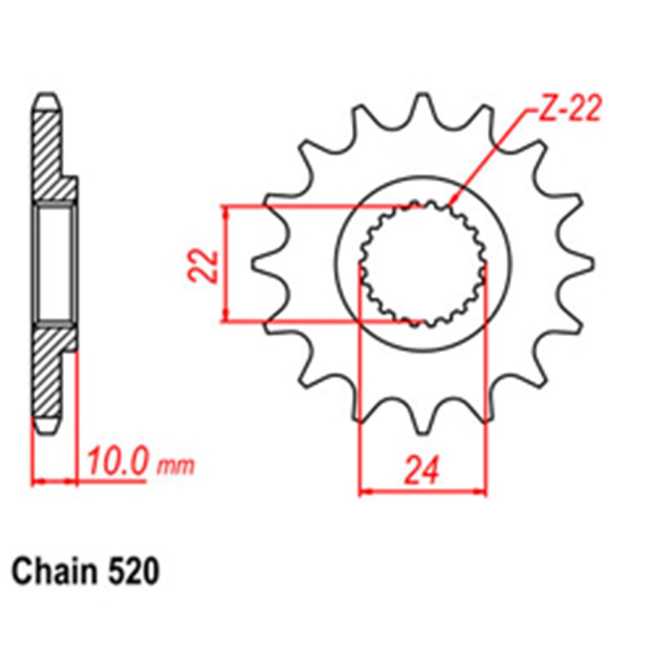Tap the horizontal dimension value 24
coord(422,471)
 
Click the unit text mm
coord(175,466)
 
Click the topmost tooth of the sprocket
coord(422,105)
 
